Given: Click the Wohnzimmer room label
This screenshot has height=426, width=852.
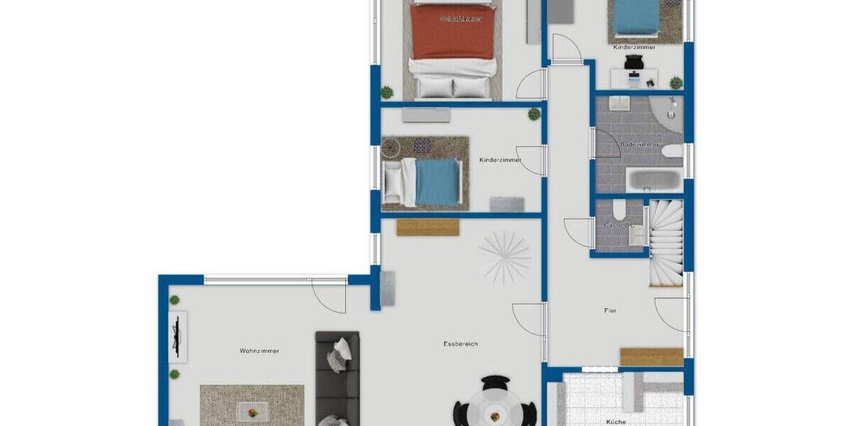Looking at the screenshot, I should click(x=259, y=351).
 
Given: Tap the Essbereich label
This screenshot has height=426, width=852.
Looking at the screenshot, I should click(x=460, y=344).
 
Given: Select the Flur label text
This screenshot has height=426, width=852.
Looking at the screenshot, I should click(x=610, y=310).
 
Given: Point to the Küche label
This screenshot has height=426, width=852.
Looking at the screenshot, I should click(x=616, y=421).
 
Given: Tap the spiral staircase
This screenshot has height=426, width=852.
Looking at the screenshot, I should click(x=667, y=242).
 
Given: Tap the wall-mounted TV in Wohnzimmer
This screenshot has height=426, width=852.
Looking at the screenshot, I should click(x=177, y=337).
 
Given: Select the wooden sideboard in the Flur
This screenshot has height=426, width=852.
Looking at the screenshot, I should click(x=651, y=356).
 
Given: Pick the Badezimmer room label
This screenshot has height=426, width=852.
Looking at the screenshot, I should click(x=639, y=145).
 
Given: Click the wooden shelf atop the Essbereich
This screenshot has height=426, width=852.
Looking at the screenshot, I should click(x=427, y=227).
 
